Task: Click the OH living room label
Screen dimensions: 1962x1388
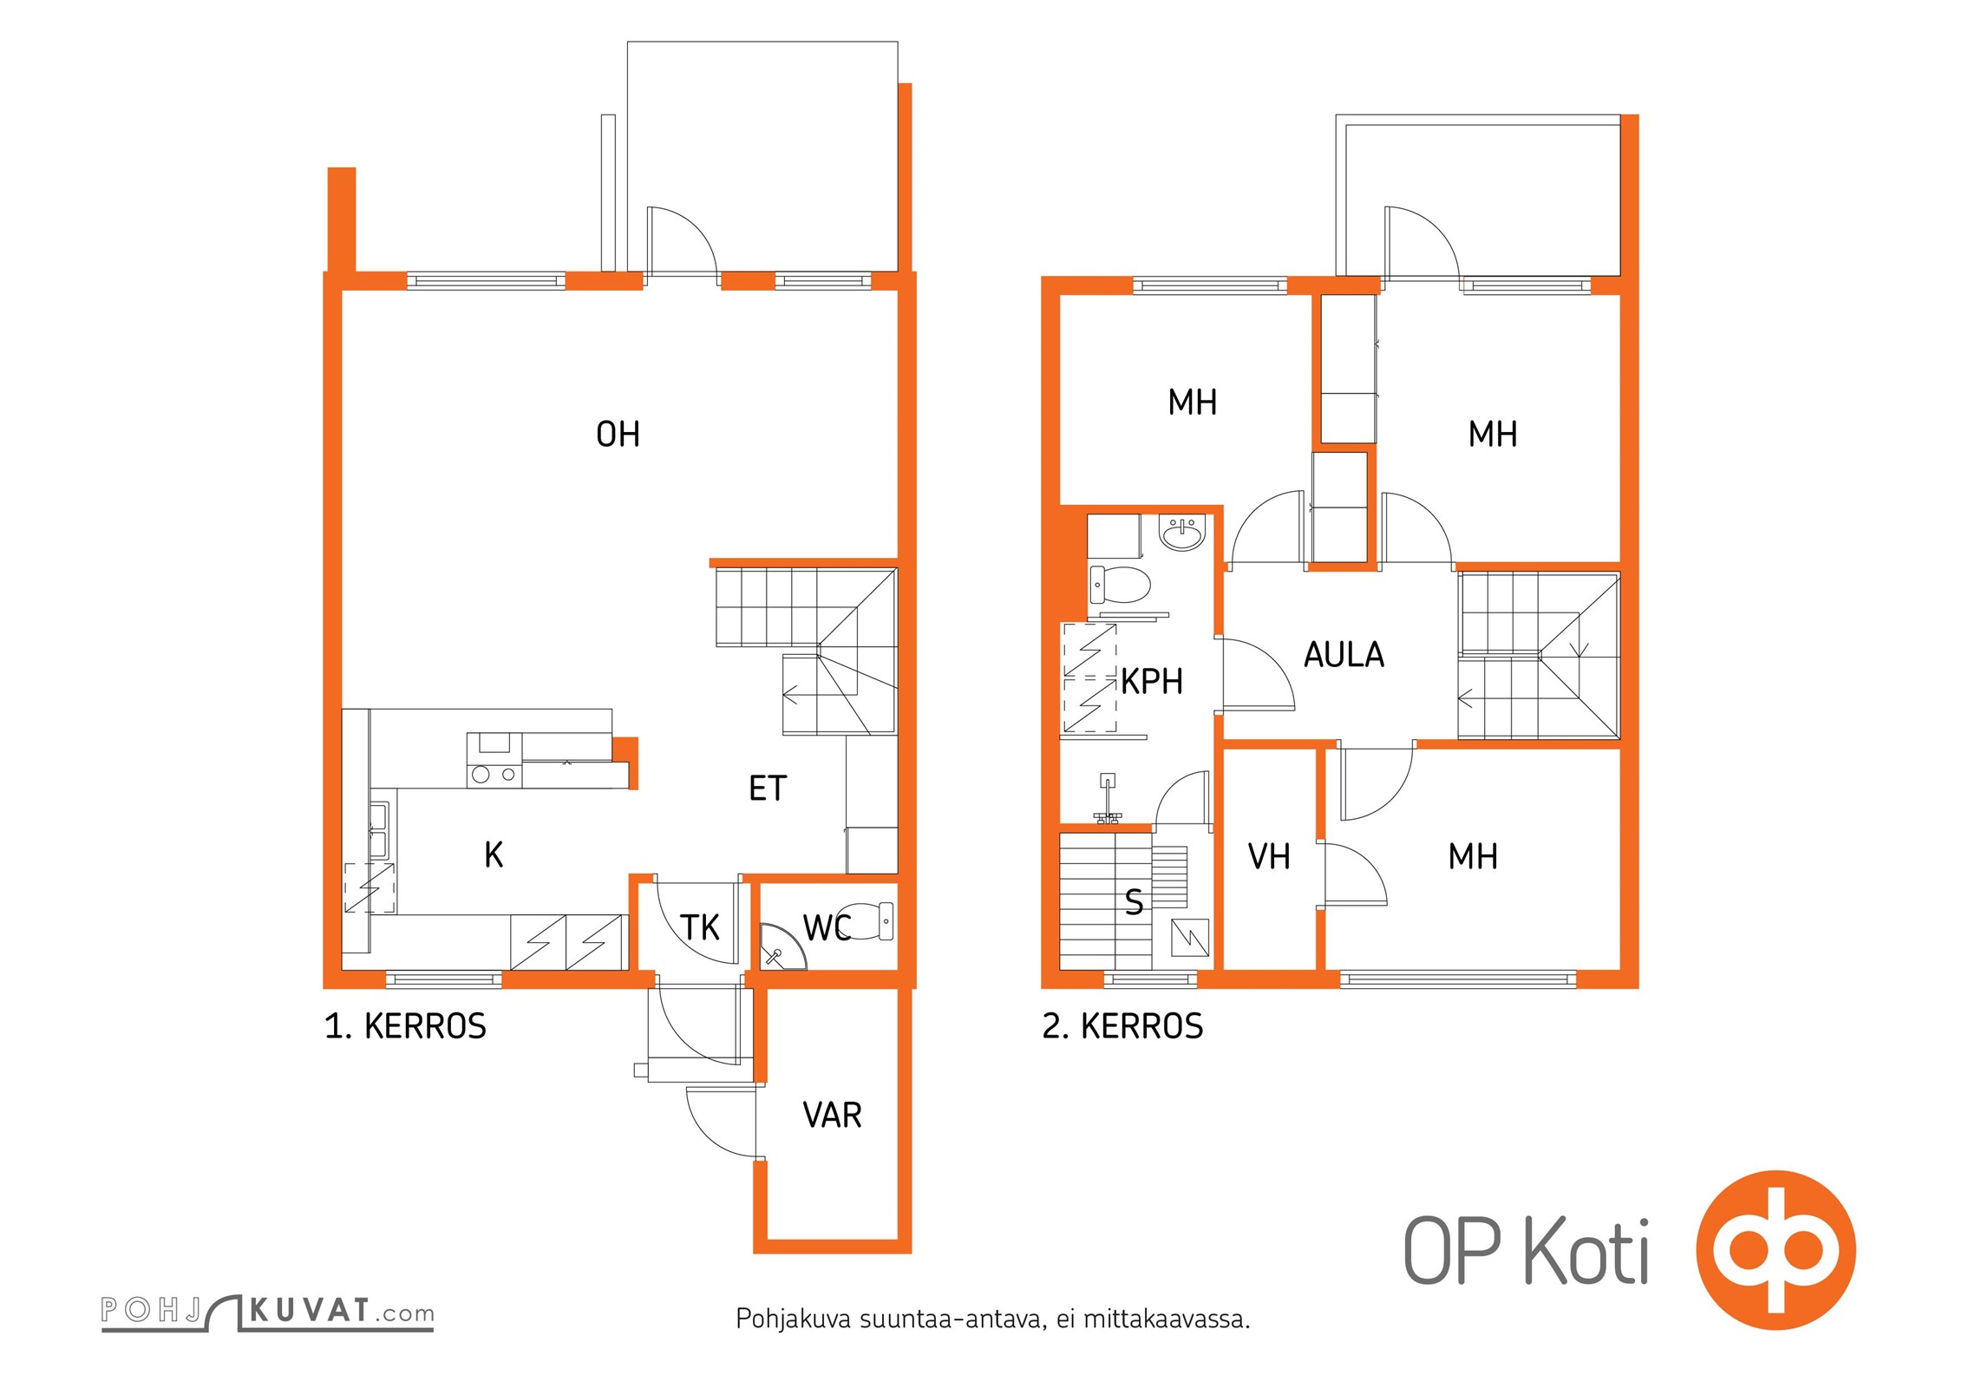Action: pos(618,434)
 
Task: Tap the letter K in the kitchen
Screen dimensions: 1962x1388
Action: pos(494,854)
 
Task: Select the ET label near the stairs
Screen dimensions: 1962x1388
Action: pos(768,788)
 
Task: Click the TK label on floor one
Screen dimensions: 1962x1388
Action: pos(700,927)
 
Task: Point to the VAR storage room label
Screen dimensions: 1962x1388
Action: pos(833,1115)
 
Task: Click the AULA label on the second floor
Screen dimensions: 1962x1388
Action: pos(1344,654)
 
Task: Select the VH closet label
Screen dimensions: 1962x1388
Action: pos(1269,856)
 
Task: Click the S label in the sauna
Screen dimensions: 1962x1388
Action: pos(1134,902)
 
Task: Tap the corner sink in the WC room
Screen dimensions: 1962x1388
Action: pos(780,948)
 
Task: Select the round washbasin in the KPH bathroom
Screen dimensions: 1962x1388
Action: pos(1182,534)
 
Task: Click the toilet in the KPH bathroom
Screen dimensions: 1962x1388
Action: pos(1120,585)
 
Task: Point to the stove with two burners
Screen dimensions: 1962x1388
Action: pos(494,774)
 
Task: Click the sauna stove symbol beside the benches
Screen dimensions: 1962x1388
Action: pos(1190,937)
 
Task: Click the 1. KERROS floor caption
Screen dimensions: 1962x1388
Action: pos(405,1026)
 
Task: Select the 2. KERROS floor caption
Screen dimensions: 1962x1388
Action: pos(1122,1026)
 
